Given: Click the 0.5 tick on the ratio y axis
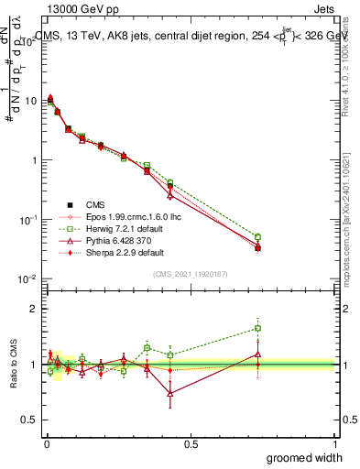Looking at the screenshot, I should tap(33, 420).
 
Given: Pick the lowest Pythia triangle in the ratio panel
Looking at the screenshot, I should tap(170, 393).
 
